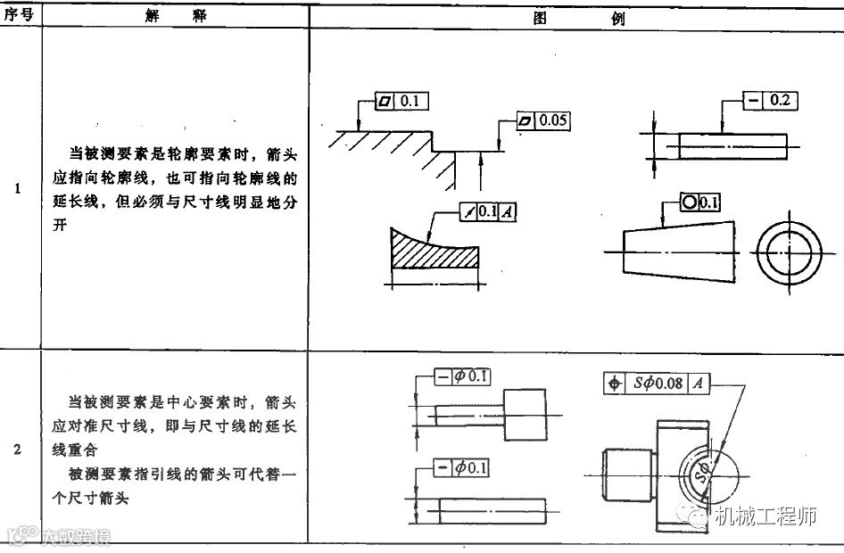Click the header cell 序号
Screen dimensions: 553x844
pos(19,16)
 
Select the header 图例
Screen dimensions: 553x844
pos(576,18)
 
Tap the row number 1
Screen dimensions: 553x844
pos(19,189)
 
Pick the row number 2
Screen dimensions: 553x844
pos(19,449)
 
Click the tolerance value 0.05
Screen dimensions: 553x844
pos(553,120)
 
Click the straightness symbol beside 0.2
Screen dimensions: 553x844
pos(754,100)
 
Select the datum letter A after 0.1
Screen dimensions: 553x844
pos(507,211)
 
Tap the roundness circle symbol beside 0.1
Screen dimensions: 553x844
pos(690,202)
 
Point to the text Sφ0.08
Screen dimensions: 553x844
pos(658,383)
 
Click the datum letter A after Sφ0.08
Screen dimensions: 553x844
pos(699,383)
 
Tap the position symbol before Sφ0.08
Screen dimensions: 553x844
pos(614,383)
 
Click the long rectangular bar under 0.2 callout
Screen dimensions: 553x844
pos(732,144)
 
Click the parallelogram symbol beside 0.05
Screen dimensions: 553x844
pos(525,120)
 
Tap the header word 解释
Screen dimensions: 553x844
pos(175,16)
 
